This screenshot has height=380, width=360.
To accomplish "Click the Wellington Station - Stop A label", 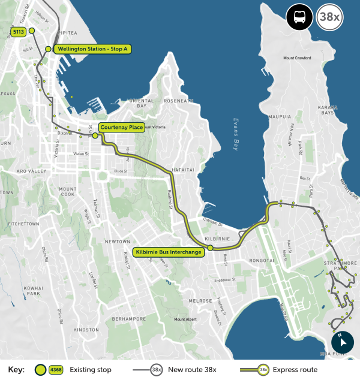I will tap(94, 49).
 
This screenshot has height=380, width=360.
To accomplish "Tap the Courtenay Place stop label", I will tap(121, 128).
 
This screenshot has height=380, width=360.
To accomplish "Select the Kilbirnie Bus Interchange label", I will tap(168, 252).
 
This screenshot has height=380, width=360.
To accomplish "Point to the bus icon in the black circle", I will tap(299, 17).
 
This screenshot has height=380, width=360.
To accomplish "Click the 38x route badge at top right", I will tap(329, 17).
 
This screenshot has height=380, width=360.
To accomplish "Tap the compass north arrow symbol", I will tap(342, 342).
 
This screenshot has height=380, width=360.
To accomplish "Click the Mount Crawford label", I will tap(299, 58).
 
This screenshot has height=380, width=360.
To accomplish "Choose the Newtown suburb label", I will tap(118, 242).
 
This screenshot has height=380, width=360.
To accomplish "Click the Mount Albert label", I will tap(185, 319).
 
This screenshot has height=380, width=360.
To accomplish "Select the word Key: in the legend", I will tap(17, 370).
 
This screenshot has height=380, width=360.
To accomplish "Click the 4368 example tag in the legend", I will tap(56, 370).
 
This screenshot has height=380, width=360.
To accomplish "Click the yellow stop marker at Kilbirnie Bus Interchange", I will tap(210, 248).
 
